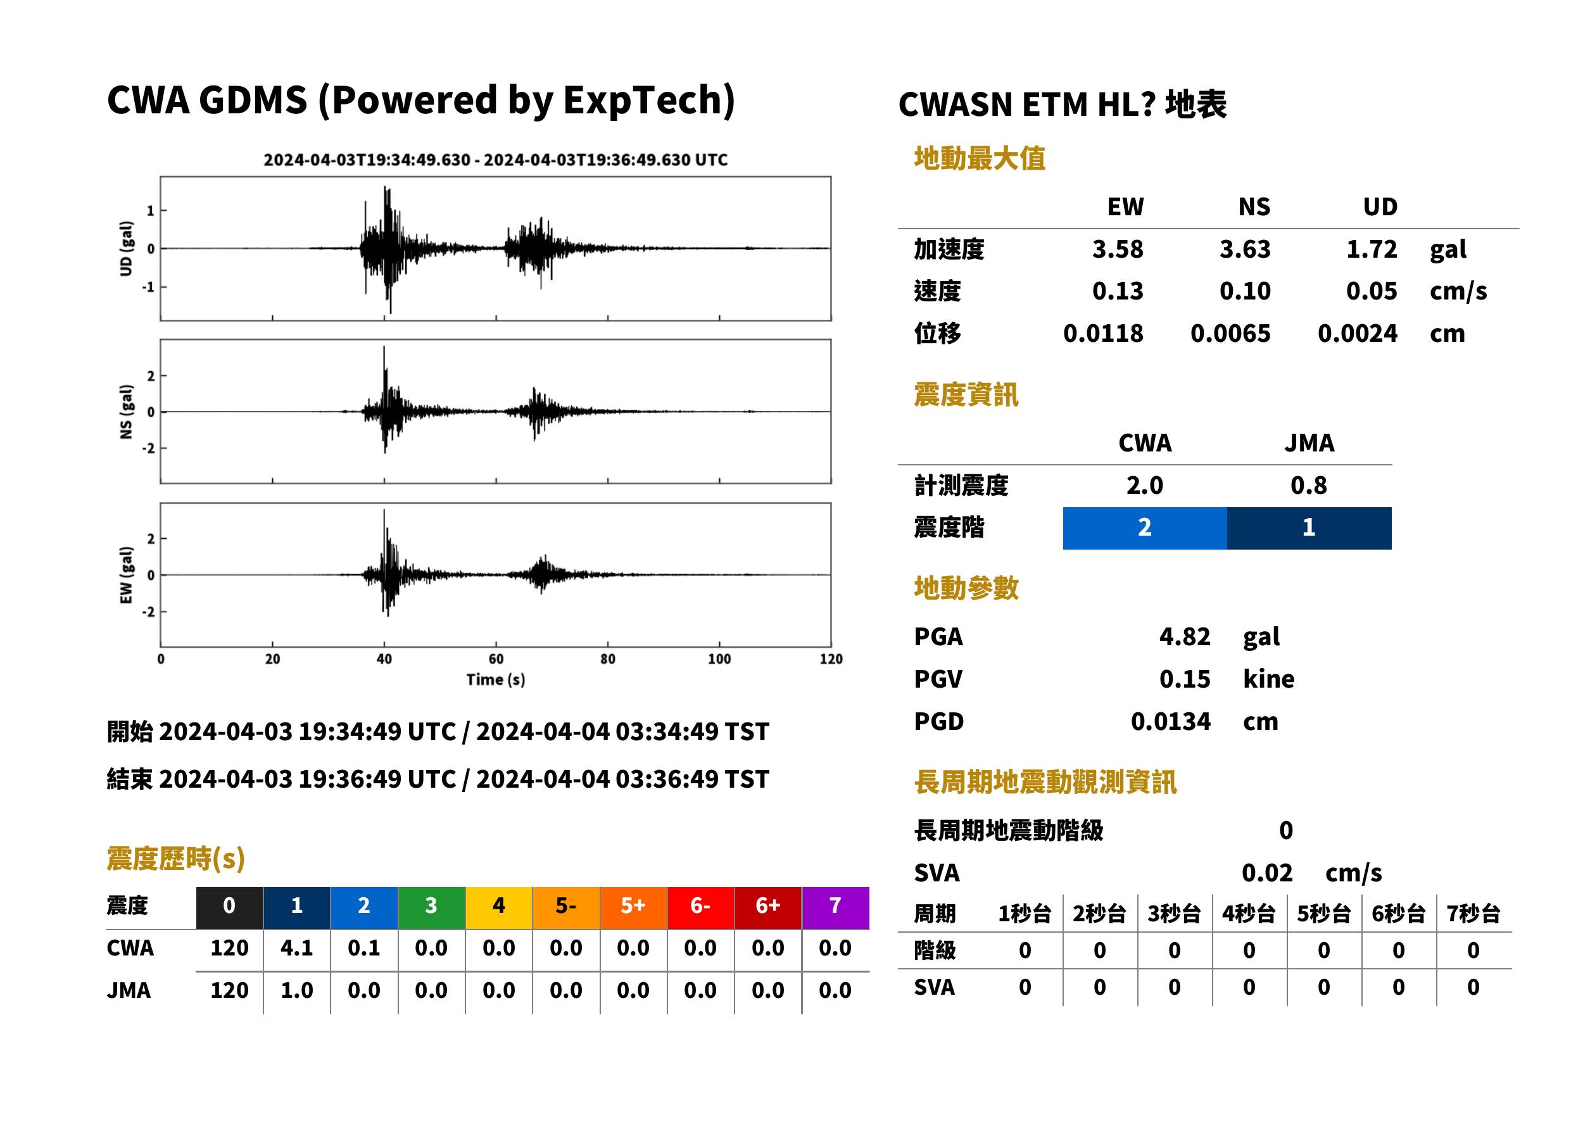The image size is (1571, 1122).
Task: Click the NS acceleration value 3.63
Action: point(1244,249)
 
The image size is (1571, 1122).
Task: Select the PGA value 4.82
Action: point(1184,636)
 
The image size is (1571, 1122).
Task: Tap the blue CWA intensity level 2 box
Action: point(1144,528)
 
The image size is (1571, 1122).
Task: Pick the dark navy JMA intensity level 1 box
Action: point(1308,528)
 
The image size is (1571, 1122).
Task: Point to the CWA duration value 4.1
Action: point(296,948)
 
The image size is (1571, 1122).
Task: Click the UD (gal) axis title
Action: point(126,249)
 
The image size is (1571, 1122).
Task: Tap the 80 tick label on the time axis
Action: point(607,659)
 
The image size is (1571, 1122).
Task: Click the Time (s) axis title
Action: point(495,680)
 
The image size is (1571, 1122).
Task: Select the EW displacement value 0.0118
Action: point(1102,334)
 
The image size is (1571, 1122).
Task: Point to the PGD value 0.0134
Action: point(1170,721)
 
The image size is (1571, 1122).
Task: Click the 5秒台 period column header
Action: point(1323,913)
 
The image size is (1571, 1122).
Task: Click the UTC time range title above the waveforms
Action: point(495,160)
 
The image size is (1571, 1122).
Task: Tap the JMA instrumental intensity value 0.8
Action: point(1308,485)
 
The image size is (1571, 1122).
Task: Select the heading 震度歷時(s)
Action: point(175,859)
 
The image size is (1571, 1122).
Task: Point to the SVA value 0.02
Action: point(1266,873)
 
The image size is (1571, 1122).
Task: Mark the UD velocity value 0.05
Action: point(1372,291)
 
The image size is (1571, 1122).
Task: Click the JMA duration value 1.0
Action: point(296,990)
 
